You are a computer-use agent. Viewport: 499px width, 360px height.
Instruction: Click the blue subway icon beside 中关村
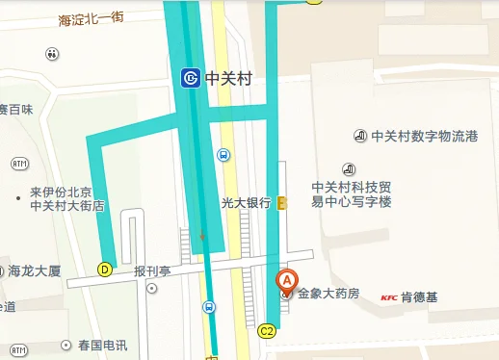coord(191,78)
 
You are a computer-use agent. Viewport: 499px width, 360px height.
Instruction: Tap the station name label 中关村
coord(228,79)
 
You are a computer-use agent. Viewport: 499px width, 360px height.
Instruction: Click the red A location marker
coord(286,282)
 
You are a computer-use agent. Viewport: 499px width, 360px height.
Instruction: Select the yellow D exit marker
coord(105,270)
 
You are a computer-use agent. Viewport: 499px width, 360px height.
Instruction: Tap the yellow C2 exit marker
coord(269,331)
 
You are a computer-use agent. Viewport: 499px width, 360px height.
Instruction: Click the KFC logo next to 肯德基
coord(389,296)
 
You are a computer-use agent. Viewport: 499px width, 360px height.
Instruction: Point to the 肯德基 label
coord(419,296)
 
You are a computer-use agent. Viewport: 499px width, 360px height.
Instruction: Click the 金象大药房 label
coord(328,293)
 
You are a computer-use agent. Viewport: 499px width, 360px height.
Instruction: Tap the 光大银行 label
coord(246,202)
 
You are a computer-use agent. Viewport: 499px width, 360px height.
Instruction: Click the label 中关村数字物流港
coord(425,136)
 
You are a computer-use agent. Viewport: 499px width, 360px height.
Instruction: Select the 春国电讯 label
coord(102,345)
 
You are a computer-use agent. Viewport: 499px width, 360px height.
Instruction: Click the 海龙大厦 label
coord(35,270)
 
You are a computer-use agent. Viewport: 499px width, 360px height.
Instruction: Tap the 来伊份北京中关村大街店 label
coord(66,198)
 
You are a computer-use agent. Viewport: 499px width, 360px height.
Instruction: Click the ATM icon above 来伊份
coord(19,164)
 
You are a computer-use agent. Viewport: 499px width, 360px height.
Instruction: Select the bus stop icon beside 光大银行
coord(223,154)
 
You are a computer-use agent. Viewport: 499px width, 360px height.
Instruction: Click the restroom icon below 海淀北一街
coord(51,54)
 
